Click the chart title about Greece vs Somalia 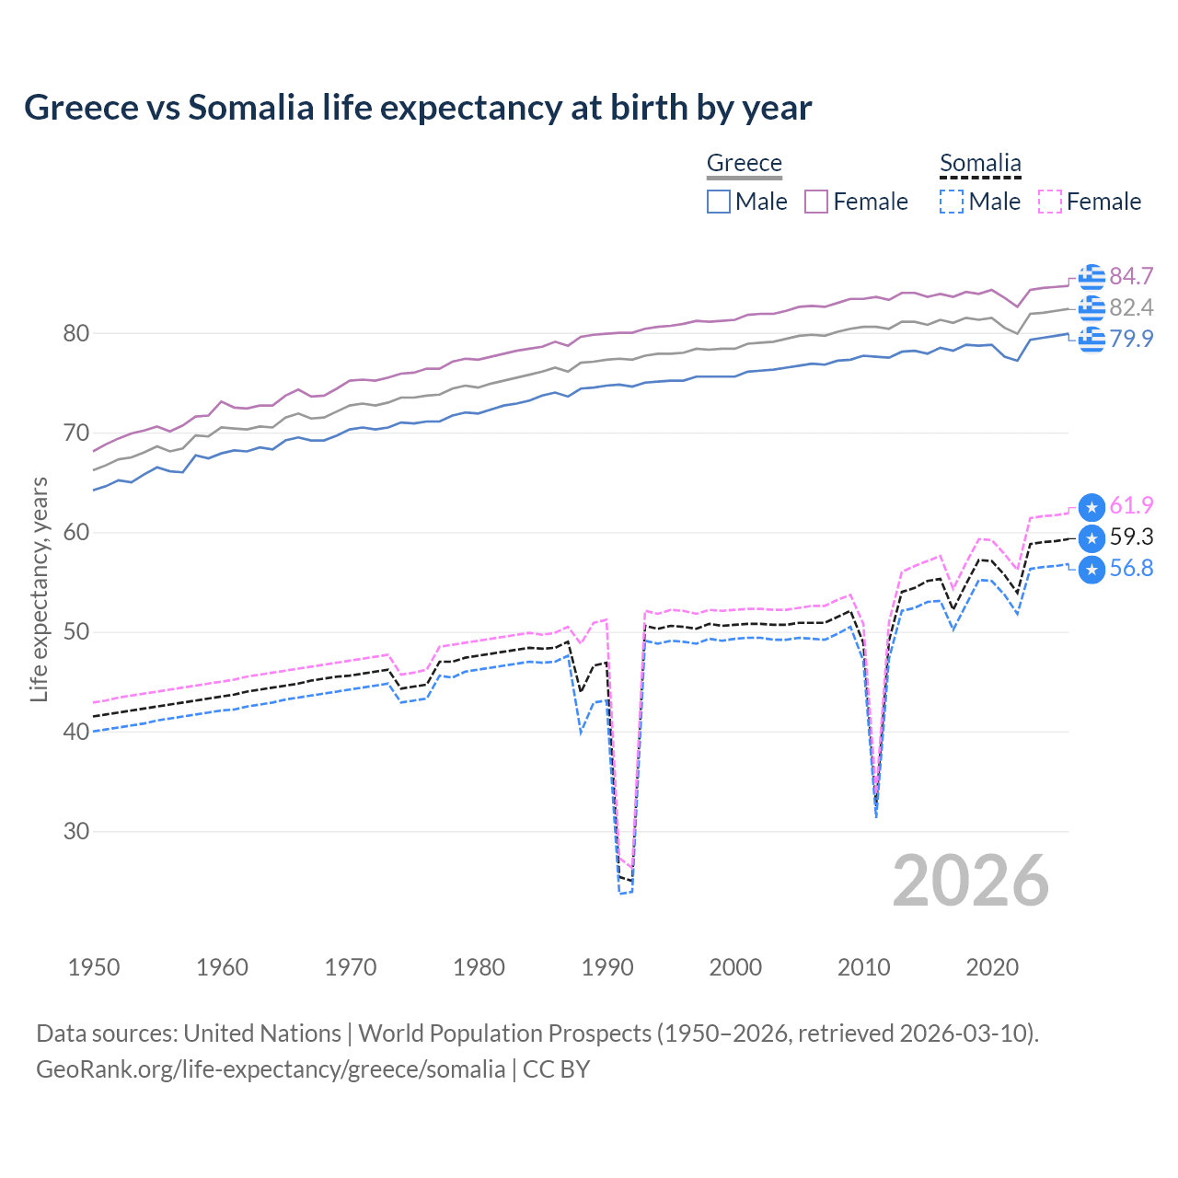pyautogui.click(x=418, y=108)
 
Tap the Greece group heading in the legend pyautogui.click(x=744, y=163)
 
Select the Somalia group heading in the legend pyautogui.click(x=980, y=163)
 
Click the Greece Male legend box pyautogui.click(x=719, y=202)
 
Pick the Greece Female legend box pyautogui.click(x=816, y=202)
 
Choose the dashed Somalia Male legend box pyautogui.click(x=952, y=202)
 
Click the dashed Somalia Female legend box pyautogui.click(x=1050, y=202)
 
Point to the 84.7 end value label pyautogui.click(x=1131, y=276)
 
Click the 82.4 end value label pyautogui.click(x=1131, y=307)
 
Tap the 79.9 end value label pyautogui.click(x=1131, y=339)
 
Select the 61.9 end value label pyautogui.click(x=1131, y=505)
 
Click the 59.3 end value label pyautogui.click(x=1131, y=537)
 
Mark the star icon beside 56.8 pyautogui.click(x=1091, y=570)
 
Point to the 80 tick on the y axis pyautogui.click(x=76, y=333)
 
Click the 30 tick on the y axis pyautogui.click(x=76, y=831)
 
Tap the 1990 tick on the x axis pyautogui.click(x=607, y=967)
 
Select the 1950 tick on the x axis pyautogui.click(x=94, y=967)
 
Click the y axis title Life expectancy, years pyautogui.click(x=39, y=589)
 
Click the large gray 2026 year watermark pyautogui.click(x=970, y=881)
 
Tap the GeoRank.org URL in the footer pyautogui.click(x=271, y=1069)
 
